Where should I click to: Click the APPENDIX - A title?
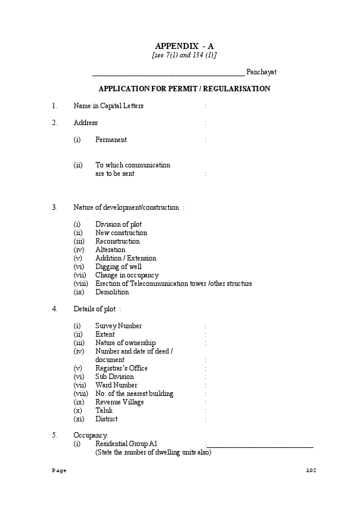184,46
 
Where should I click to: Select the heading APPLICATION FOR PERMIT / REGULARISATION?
184,89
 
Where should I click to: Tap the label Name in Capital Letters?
108,106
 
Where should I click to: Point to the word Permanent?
111,140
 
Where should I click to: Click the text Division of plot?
119,224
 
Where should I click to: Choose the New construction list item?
121,233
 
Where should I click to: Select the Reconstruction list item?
117,241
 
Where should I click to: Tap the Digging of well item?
118,267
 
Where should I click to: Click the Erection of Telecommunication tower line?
174,284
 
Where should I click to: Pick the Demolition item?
112,292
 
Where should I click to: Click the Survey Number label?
119,326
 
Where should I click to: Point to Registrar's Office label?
122,368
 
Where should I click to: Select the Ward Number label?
116,385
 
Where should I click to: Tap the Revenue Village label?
120,402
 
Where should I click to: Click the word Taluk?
104,410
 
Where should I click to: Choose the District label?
106,419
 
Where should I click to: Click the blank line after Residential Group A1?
260,446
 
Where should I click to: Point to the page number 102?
311,470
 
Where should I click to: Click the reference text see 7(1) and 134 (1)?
184,55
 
